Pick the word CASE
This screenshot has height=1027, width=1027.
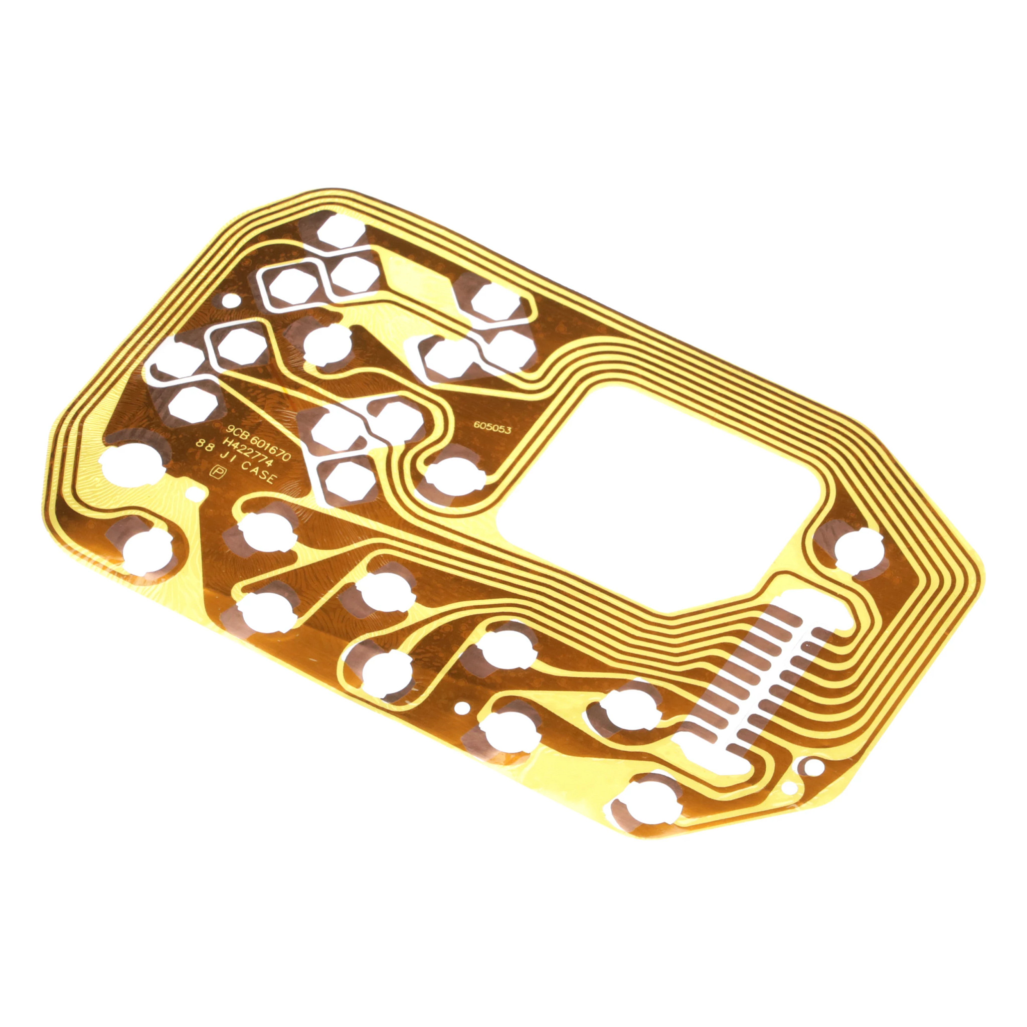tap(259, 472)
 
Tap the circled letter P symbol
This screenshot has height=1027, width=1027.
tap(216, 471)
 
